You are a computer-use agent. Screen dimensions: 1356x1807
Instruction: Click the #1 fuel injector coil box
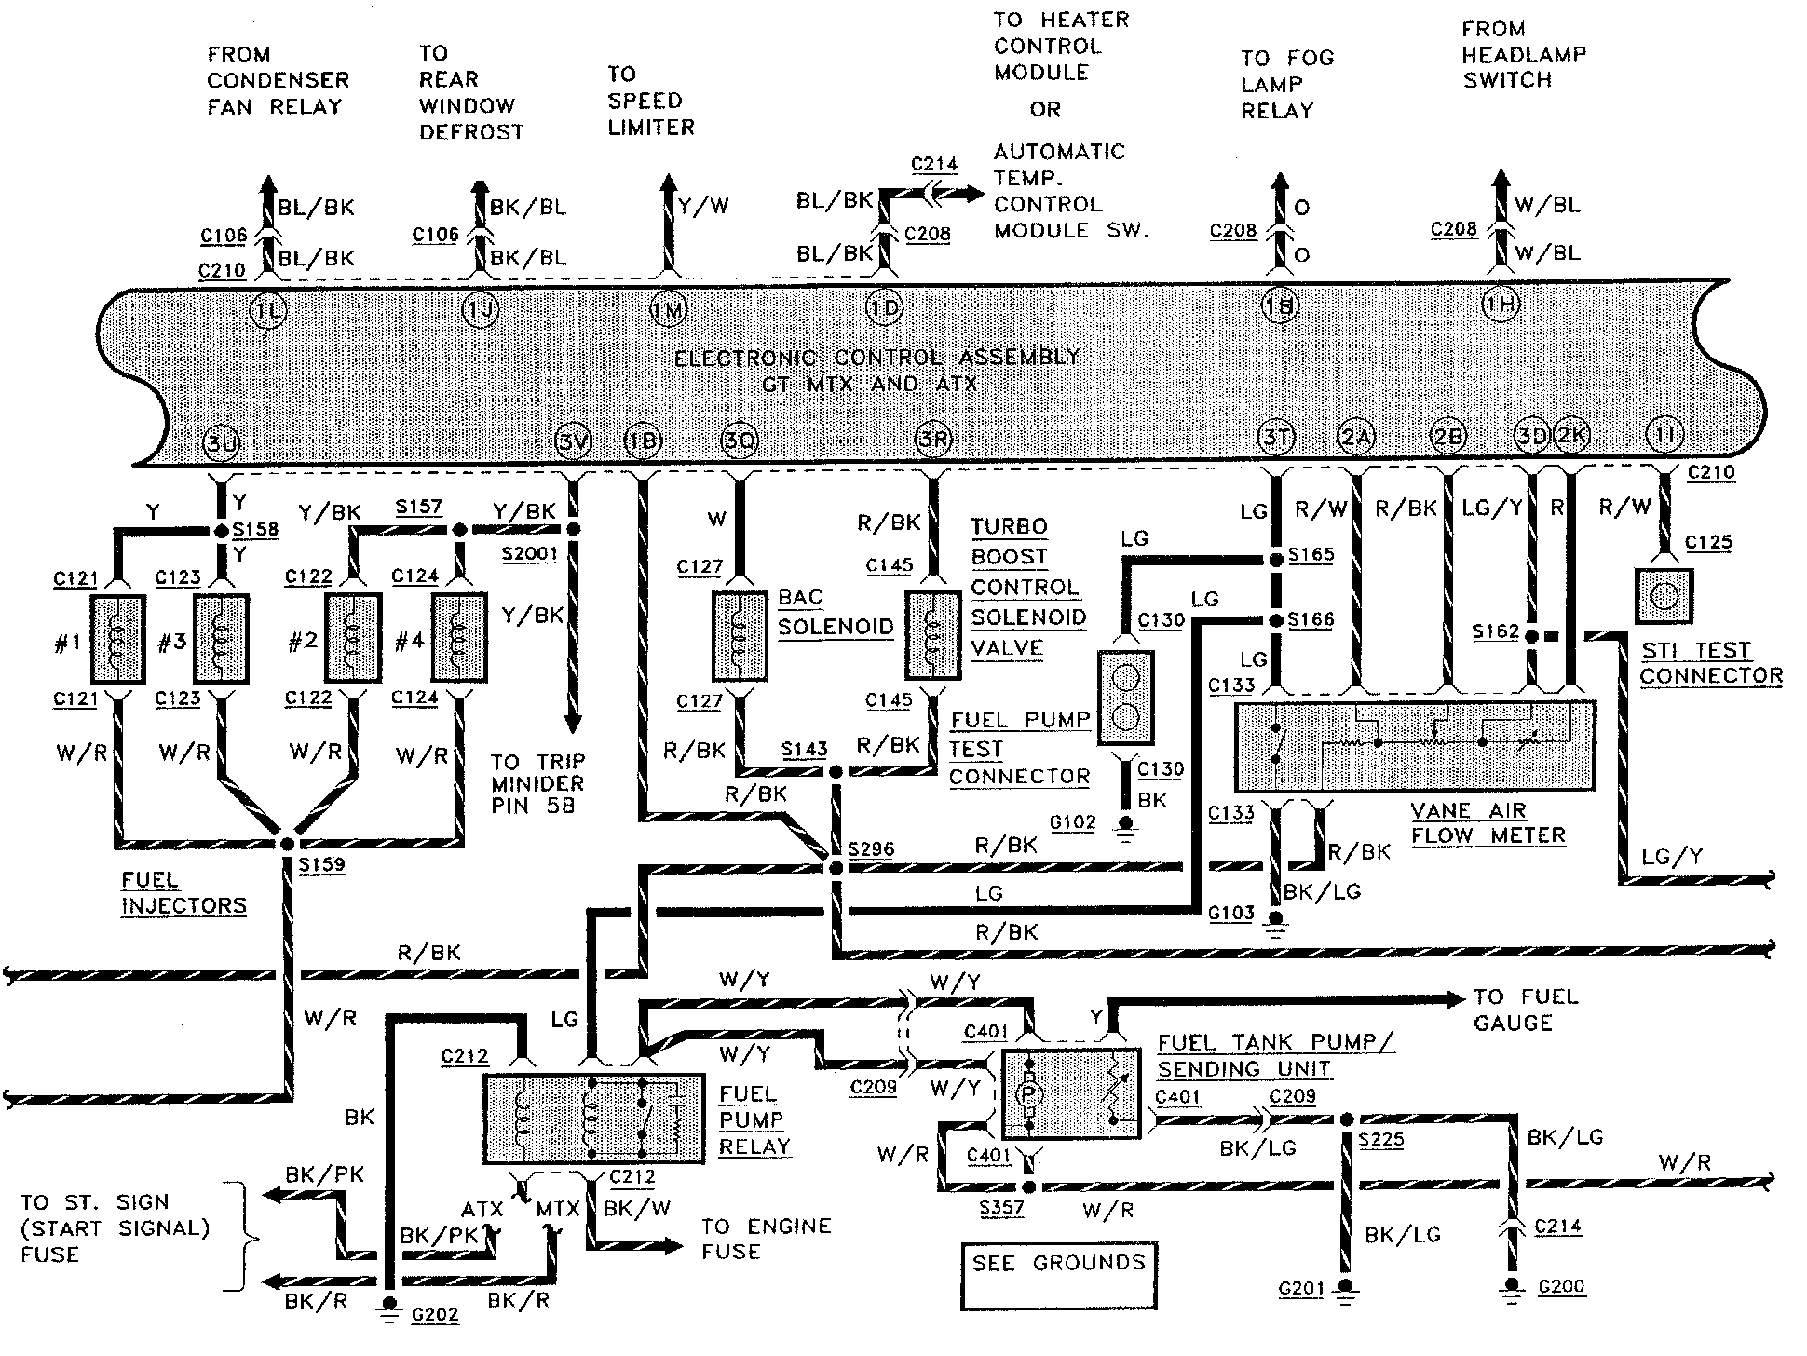click(x=117, y=639)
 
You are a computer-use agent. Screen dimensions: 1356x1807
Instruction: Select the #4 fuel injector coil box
click(x=458, y=639)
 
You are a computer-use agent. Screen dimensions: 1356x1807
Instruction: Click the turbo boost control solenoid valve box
click(x=933, y=634)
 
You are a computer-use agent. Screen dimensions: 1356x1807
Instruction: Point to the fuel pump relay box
click(x=594, y=1119)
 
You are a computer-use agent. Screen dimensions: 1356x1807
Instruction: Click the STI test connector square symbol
click(x=1664, y=596)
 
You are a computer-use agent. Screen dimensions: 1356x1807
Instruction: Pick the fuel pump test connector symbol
click(x=1125, y=698)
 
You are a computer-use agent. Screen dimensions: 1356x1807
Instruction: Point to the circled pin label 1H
click(x=1501, y=304)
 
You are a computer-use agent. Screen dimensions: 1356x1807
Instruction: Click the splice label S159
click(x=321, y=865)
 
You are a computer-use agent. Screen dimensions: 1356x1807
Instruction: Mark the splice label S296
click(x=871, y=849)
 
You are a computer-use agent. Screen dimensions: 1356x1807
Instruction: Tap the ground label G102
click(x=1072, y=822)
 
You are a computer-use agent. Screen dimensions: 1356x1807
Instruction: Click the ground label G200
click(x=1561, y=1287)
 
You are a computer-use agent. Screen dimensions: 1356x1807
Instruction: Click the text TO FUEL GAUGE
click(x=1526, y=1010)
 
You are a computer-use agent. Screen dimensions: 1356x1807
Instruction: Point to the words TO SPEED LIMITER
click(x=650, y=101)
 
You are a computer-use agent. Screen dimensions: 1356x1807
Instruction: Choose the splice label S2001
click(x=529, y=554)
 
